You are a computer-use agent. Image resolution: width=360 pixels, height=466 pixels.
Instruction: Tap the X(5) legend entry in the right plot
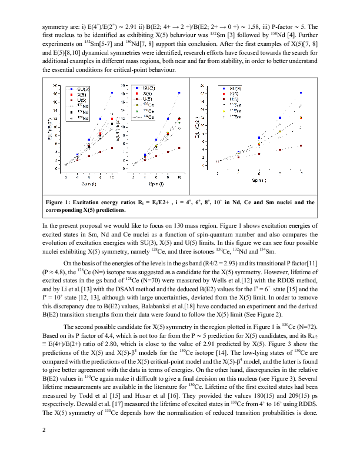pyautogui.click(x=233, y=94)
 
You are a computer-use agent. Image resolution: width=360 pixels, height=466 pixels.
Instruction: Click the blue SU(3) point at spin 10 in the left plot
pyautogui.click(x=112, y=93)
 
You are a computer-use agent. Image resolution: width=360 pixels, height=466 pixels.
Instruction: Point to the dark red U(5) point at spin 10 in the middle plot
pyautogui.click(x=179, y=148)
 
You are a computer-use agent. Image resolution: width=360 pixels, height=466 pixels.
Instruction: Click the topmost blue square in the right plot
pyautogui.click(x=301, y=93)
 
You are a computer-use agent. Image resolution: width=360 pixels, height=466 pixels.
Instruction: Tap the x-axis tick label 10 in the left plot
pyautogui.click(x=112, y=177)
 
